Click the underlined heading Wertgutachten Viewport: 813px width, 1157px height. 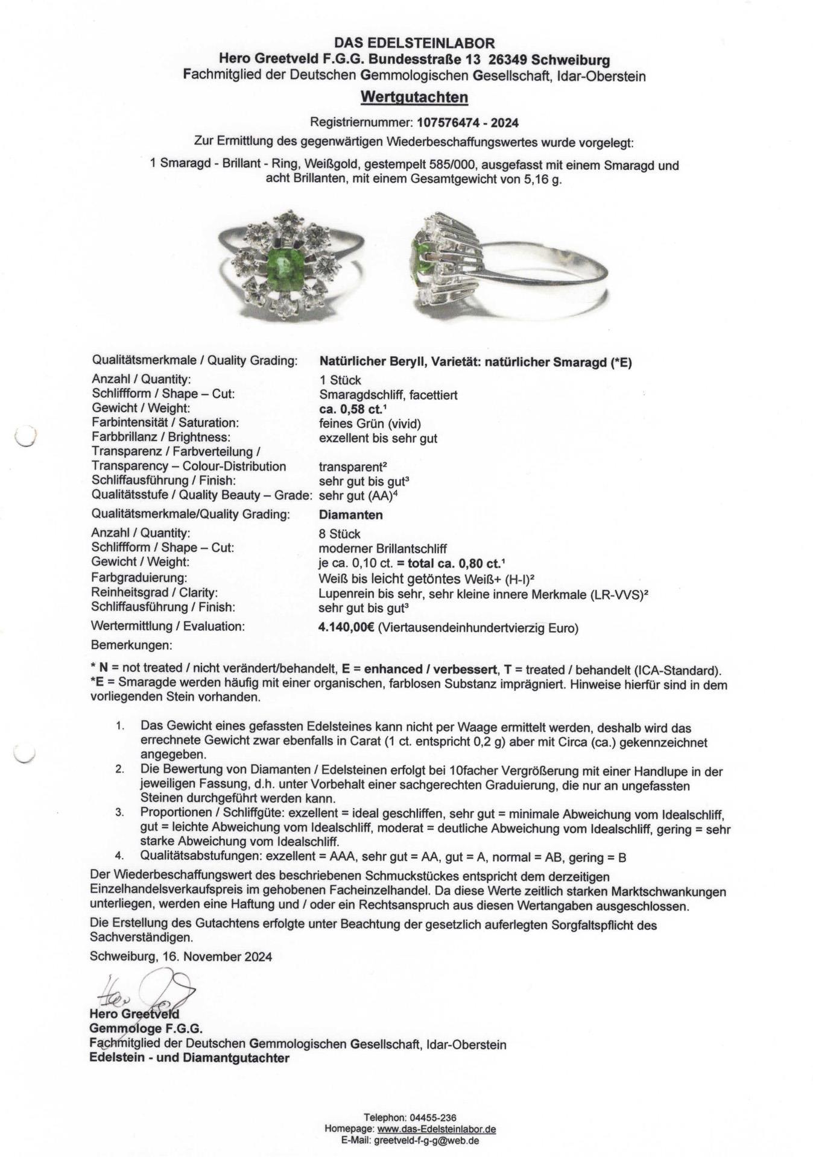click(414, 97)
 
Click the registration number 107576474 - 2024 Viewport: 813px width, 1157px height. click(467, 122)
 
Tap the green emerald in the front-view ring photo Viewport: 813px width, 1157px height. click(282, 269)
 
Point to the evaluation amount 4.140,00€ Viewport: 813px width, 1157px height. click(347, 628)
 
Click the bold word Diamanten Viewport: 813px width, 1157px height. click(350, 515)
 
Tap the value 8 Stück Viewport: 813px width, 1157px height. click(340, 534)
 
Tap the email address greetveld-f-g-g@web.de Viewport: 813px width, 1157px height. click(426, 1140)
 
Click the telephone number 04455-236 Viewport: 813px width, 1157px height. click(433, 1118)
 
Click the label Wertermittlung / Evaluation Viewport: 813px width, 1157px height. click(168, 627)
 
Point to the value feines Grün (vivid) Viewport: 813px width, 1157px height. click(370, 424)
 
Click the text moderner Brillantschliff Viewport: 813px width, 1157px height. click(382, 548)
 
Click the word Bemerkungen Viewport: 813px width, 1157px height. click(131, 645)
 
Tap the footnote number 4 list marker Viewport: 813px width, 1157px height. click(120, 856)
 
